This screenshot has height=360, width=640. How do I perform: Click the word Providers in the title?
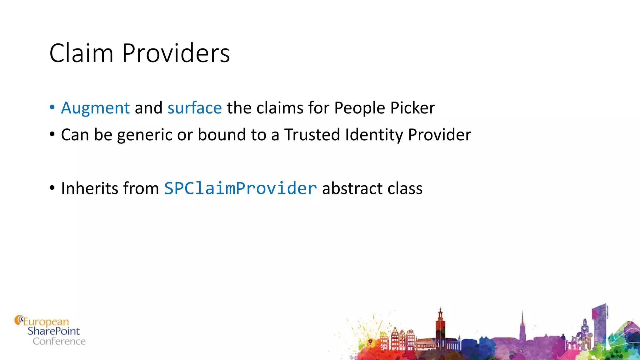coord(176,53)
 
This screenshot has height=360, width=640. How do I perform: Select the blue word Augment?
coord(95,108)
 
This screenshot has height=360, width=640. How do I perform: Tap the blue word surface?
coord(194,108)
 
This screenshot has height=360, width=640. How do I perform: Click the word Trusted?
coord(312,135)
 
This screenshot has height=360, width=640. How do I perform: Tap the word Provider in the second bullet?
coord(439,135)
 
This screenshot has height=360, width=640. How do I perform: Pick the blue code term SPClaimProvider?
coord(240,188)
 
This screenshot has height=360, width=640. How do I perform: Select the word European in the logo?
coord(46,322)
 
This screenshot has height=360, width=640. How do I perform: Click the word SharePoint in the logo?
coord(53,331)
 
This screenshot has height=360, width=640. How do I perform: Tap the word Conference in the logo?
coord(59,341)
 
